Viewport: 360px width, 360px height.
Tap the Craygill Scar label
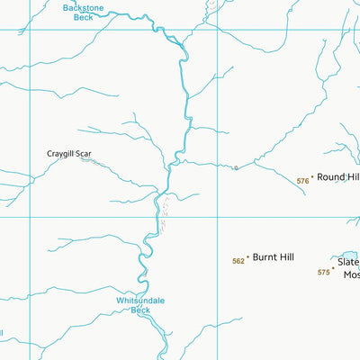(x=69, y=154)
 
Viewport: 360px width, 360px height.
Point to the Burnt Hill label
(x=273, y=257)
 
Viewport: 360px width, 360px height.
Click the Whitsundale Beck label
(x=140, y=305)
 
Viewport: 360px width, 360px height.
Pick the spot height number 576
(x=302, y=181)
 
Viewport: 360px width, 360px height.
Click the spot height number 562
(x=238, y=261)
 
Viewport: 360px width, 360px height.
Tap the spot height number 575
(x=323, y=272)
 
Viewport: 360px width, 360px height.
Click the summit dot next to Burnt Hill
(x=247, y=258)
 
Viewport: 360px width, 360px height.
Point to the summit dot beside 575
(x=333, y=268)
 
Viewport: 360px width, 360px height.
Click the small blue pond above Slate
(x=346, y=256)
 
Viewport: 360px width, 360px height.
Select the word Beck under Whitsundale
(x=140, y=310)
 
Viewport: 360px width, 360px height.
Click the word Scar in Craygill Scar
(x=83, y=154)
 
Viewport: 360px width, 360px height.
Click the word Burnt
(x=264, y=257)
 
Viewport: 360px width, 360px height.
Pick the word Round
(x=330, y=177)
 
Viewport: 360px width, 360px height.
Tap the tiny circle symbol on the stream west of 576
(x=235, y=167)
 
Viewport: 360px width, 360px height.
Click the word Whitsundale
(x=140, y=300)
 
